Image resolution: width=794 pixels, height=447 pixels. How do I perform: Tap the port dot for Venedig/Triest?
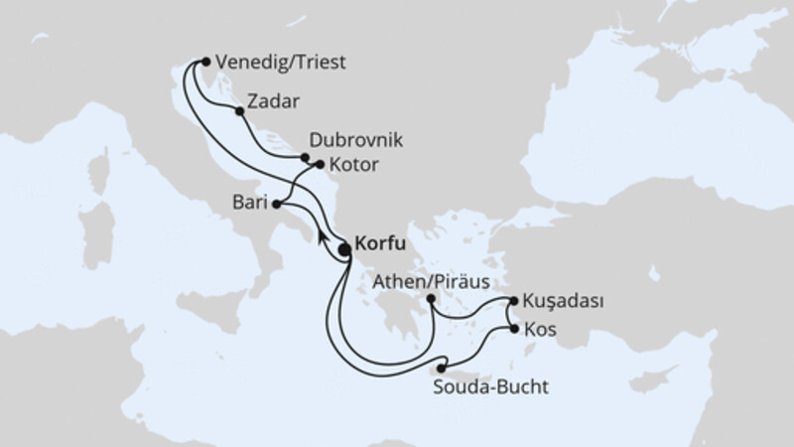205,61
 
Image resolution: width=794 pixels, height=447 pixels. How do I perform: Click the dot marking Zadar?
239,112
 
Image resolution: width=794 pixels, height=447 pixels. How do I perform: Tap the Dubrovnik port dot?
306,156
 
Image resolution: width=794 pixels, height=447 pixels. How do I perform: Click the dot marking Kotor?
320,165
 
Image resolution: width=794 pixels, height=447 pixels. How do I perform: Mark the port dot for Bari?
277,205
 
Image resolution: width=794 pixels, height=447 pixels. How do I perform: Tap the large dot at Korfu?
343,250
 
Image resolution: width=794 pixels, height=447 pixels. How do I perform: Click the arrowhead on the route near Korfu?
323,236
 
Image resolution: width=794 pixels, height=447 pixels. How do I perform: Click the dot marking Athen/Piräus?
431,298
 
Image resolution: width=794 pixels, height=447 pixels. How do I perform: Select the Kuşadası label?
563,299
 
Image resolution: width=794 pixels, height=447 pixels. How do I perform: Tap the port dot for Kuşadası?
513,299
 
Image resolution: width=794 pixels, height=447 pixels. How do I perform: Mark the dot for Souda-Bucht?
441,369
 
